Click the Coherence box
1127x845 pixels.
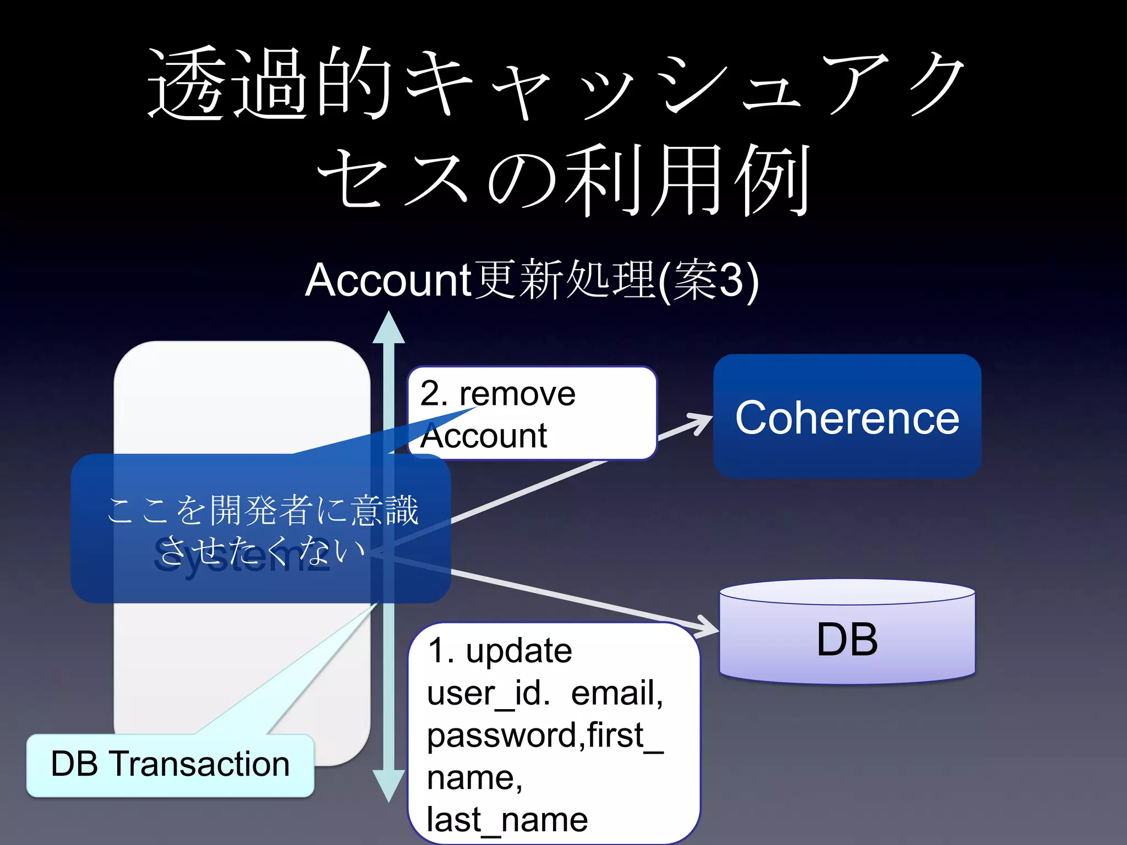pos(847,416)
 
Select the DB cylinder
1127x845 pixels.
pos(847,638)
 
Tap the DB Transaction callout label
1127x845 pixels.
pos(170,765)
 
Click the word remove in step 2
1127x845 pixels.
pos(517,394)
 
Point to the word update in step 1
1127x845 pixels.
pos(518,651)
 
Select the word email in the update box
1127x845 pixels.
pos(616,693)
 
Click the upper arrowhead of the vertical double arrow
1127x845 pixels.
pos(389,328)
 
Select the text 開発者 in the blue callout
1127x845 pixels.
pos(262,510)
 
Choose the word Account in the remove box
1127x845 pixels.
pos(483,436)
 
